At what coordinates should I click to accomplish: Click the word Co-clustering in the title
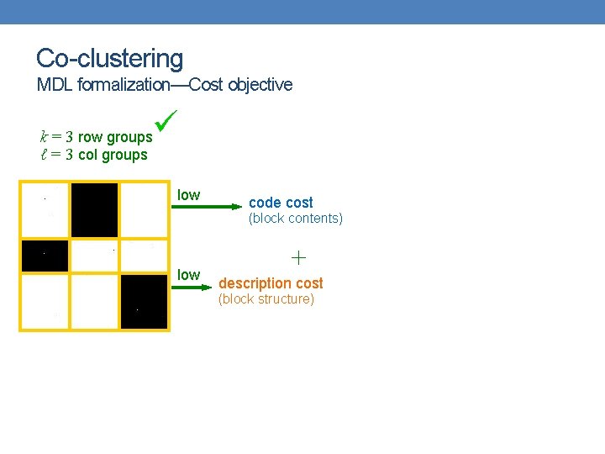point(109,58)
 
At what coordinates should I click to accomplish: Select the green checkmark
point(166,124)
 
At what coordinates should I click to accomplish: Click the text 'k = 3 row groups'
point(96,136)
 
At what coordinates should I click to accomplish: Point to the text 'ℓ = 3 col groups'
point(93,155)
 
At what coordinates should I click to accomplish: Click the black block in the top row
point(94,210)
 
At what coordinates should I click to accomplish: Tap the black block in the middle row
point(45,257)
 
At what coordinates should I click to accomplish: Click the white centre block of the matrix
point(94,256)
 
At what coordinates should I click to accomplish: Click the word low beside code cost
point(188,195)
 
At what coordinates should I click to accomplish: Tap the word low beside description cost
point(188,275)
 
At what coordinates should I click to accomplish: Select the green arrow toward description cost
point(190,287)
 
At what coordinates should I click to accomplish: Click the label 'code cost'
point(281,203)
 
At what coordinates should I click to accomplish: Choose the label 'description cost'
point(271,283)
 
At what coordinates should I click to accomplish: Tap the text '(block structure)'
point(266,299)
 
